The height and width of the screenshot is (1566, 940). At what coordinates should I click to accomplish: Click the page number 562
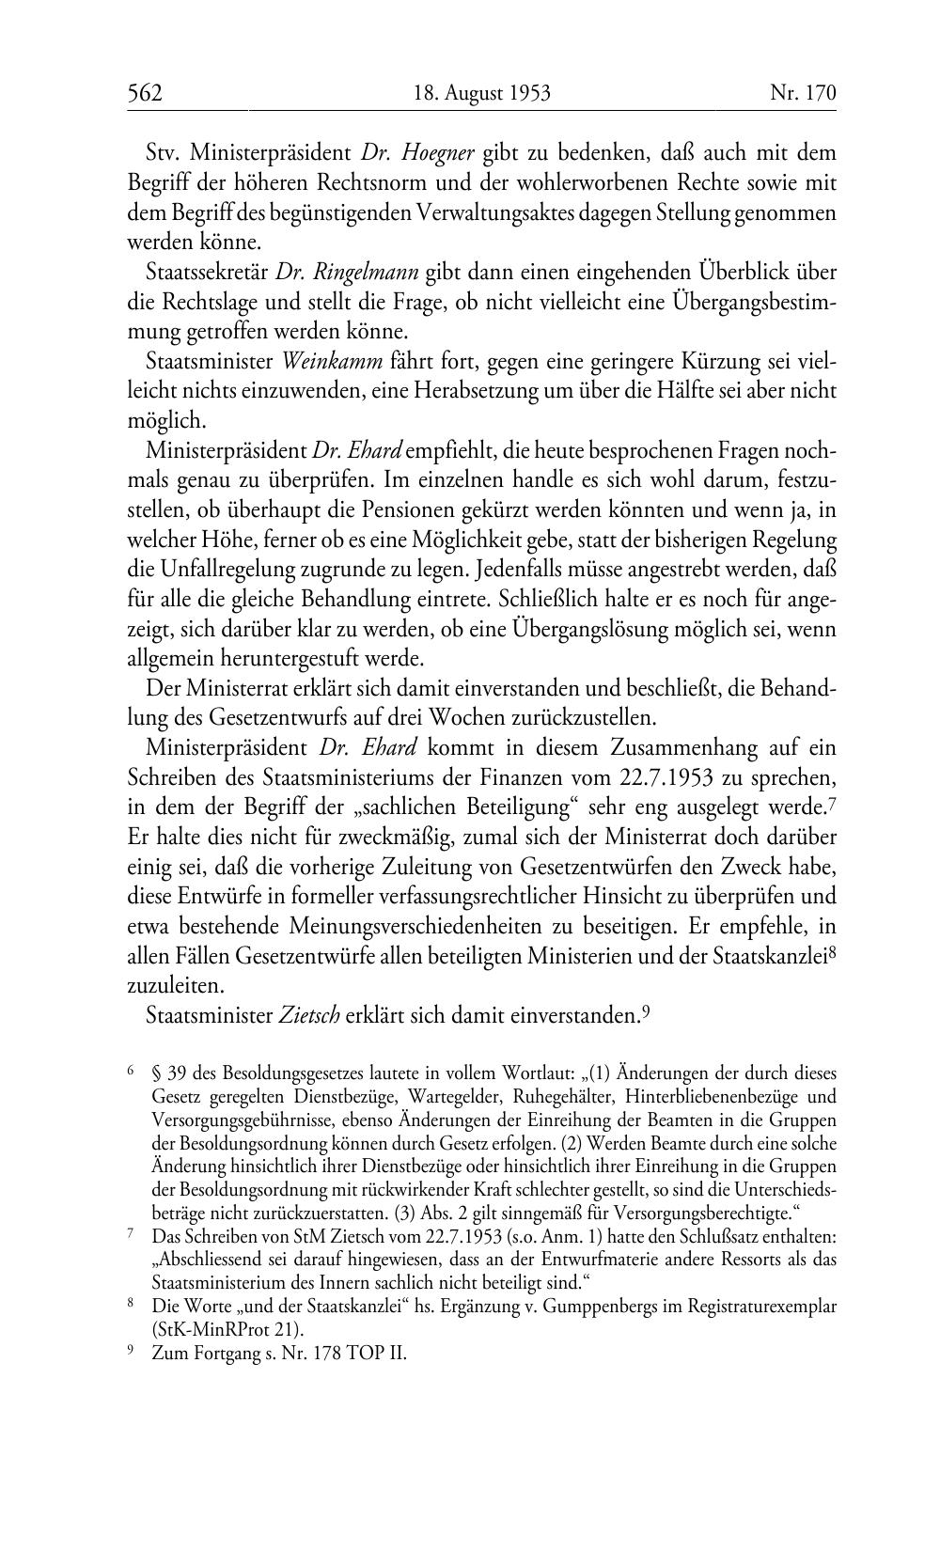[146, 93]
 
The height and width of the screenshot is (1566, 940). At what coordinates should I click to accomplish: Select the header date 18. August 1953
[481, 93]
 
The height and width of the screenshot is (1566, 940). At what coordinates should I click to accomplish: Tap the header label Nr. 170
[803, 93]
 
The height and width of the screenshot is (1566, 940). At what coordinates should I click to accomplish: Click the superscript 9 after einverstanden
[647, 1012]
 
